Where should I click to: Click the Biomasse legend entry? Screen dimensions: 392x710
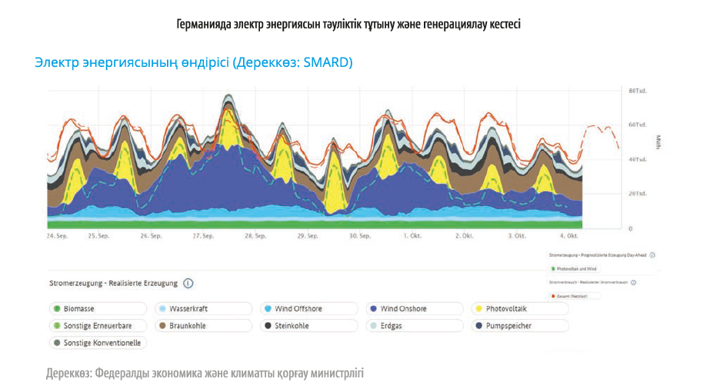(x=78, y=309)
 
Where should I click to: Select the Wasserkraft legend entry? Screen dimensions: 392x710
(x=188, y=309)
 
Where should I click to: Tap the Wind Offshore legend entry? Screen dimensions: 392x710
(x=298, y=309)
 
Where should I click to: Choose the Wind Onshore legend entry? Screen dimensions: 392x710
(x=403, y=309)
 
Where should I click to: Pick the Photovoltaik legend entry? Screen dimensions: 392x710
(x=505, y=309)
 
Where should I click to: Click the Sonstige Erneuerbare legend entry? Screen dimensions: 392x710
(x=97, y=326)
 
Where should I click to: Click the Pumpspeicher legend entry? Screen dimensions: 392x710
(x=508, y=326)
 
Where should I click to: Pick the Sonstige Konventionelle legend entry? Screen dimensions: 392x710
(x=102, y=343)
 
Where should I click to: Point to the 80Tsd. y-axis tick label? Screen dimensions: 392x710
(x=638, y=91)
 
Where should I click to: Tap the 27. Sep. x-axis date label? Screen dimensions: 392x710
(x=203, y=236)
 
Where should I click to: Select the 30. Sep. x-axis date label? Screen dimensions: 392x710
(x=359, y=236)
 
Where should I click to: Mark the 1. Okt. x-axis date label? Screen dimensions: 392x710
(x=412, y=236)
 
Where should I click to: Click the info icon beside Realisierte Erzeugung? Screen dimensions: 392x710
(x=188, y=284)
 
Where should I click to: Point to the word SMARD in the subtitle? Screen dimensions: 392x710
(x=327, y=62)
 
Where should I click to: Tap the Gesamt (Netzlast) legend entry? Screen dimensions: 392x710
(x=570, y=296)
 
